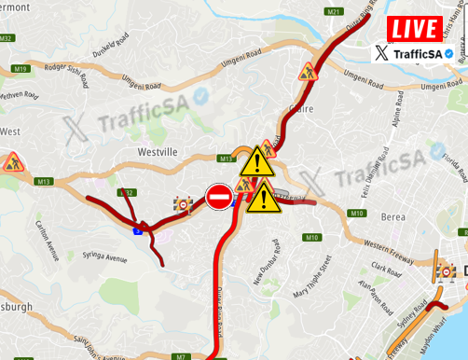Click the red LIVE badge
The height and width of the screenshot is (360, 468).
[x=415, y=28]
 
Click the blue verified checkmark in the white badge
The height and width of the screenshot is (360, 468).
[x=449, y=54]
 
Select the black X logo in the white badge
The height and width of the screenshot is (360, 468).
[x=382, y=54]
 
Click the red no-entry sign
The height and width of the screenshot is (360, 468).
[x=220, y=197]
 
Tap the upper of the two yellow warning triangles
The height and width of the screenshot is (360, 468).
[x=255, y=162]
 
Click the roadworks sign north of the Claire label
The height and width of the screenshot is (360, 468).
[x=308, y=71]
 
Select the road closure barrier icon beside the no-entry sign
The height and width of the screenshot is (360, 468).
[x=183, y=203]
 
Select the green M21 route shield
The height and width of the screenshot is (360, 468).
[x=334, y=11]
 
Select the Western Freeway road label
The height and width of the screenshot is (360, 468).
[x=388, y=247]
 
